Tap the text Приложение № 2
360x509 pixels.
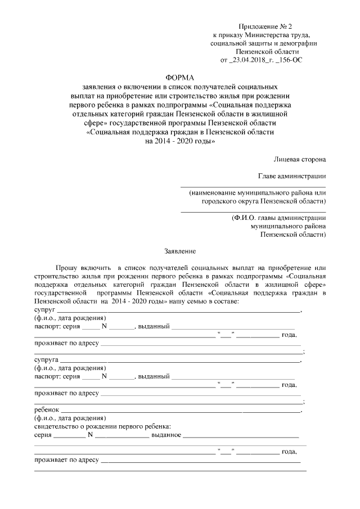[265, 26]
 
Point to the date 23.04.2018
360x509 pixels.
[255, 58]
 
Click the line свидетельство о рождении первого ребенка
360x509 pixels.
[102, 427]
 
